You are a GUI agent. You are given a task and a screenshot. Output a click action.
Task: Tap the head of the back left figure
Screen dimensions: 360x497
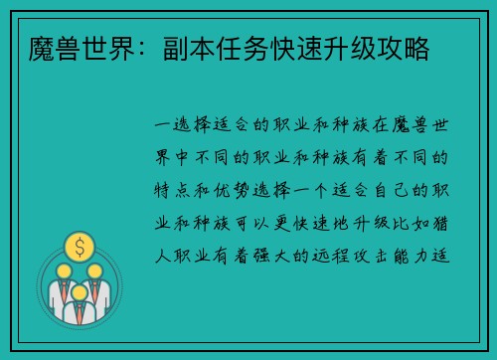click(x=63, y=269)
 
